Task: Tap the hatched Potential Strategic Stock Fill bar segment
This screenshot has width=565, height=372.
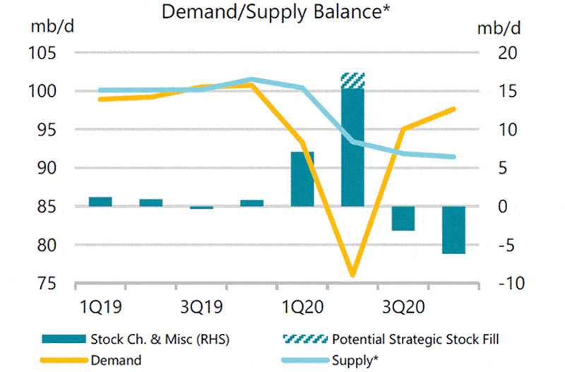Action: coord(352,80)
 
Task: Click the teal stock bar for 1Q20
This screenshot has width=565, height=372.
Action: coord(302,179)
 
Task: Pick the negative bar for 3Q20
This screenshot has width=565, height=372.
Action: coord(403,218)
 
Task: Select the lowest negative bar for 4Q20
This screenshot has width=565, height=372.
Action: coord(453,229)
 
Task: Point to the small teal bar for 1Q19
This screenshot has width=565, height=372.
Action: coord(100,202)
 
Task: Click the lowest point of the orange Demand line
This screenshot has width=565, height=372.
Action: coord(352,275)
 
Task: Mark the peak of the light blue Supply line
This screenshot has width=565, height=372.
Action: coord(252,79)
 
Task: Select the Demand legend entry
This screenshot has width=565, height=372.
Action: coord(116,360)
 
